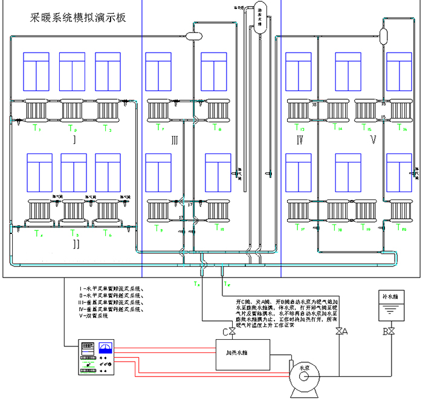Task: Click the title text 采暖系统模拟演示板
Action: click(79, 18)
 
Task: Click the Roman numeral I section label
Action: click(73, 140)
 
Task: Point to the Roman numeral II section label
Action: click(76, 244)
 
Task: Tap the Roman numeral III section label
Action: click(174, 141)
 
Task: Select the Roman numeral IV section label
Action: click(300, 141)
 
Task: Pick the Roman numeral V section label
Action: click(373, 141)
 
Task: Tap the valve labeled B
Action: click(391, 331)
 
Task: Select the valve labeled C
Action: click(231, 331)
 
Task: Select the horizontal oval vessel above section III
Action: click(193, 36)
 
